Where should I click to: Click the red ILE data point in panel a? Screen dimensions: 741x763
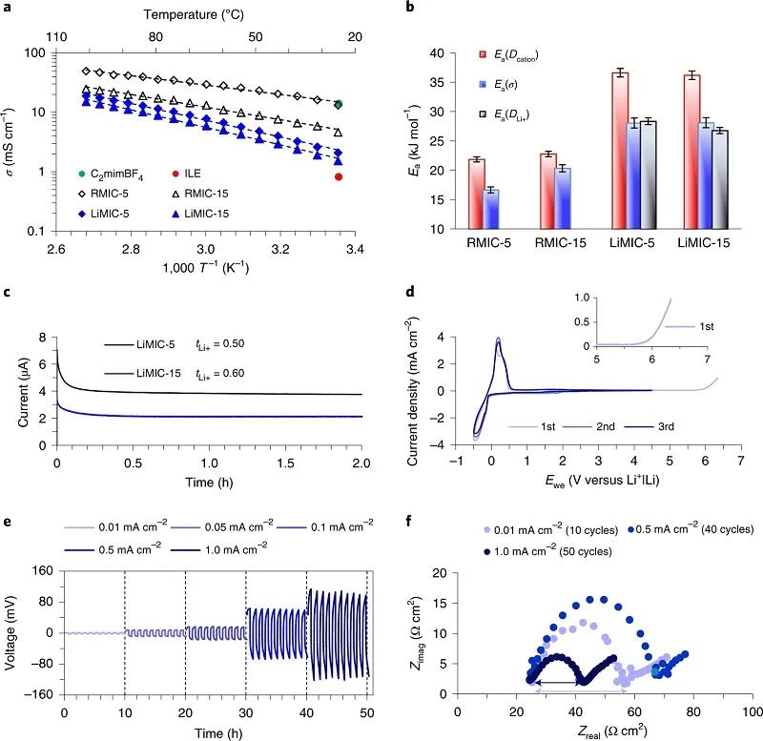coord(339,176)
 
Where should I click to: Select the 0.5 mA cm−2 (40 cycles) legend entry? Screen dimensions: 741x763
coord(688,528)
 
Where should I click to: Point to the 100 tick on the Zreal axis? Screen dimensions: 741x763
coord(752,711)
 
